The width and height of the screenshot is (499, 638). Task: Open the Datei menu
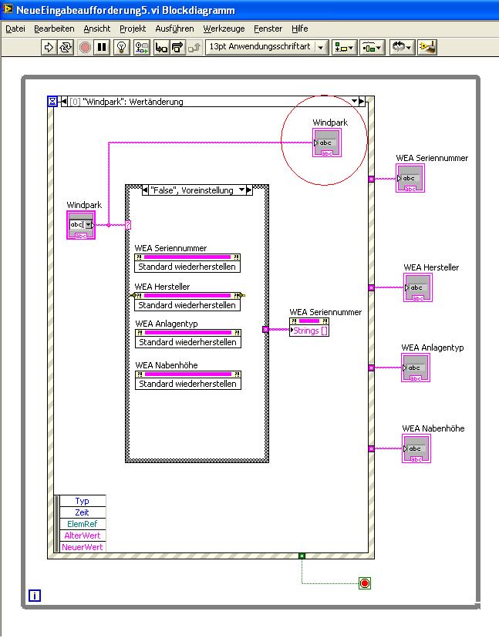pyautogui.click(x=15, y=29)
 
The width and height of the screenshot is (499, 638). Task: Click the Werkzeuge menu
pyautogui.click(x=224, y=29)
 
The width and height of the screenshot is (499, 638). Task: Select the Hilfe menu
pyautogui.click(x=300, y=29)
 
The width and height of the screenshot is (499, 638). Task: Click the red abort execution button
pyautogui.click(x=85, y=47)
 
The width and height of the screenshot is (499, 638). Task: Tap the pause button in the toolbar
pyautogui.click(x=102, y=47)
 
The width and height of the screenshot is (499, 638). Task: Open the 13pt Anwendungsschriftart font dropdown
pyautogui.click(x=266, y=47)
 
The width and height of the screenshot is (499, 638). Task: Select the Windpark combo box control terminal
pyautogui.click(x=81, y=225)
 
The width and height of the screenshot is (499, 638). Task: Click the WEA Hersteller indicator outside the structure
pyautogui.click(x=417, y=288)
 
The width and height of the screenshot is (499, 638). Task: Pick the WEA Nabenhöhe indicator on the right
pyautogui.click(x=416, y=449)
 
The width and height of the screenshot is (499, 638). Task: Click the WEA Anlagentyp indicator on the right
pyautogui.click(x=415, y=368)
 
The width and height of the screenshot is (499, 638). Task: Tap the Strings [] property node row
pyautogui.click(x=310, y=331)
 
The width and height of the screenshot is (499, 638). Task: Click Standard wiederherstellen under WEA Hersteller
pyautogui.click(x=187, y=305)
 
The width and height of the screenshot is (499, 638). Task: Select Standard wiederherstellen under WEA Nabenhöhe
pyautogui.click(x=187, y=384)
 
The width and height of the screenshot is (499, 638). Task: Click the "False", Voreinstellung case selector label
pyautogui.click(x=191, y=190)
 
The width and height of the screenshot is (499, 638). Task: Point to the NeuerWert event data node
pyautogui.click(x=82, y=547)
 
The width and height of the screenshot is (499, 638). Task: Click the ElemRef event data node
pyautogui.click(x=82, y=524)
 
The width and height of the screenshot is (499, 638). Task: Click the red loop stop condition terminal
pyautogui.click(x=364, y=583)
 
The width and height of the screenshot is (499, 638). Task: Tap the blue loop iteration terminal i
pyautogui.click(x=34, y=595)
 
